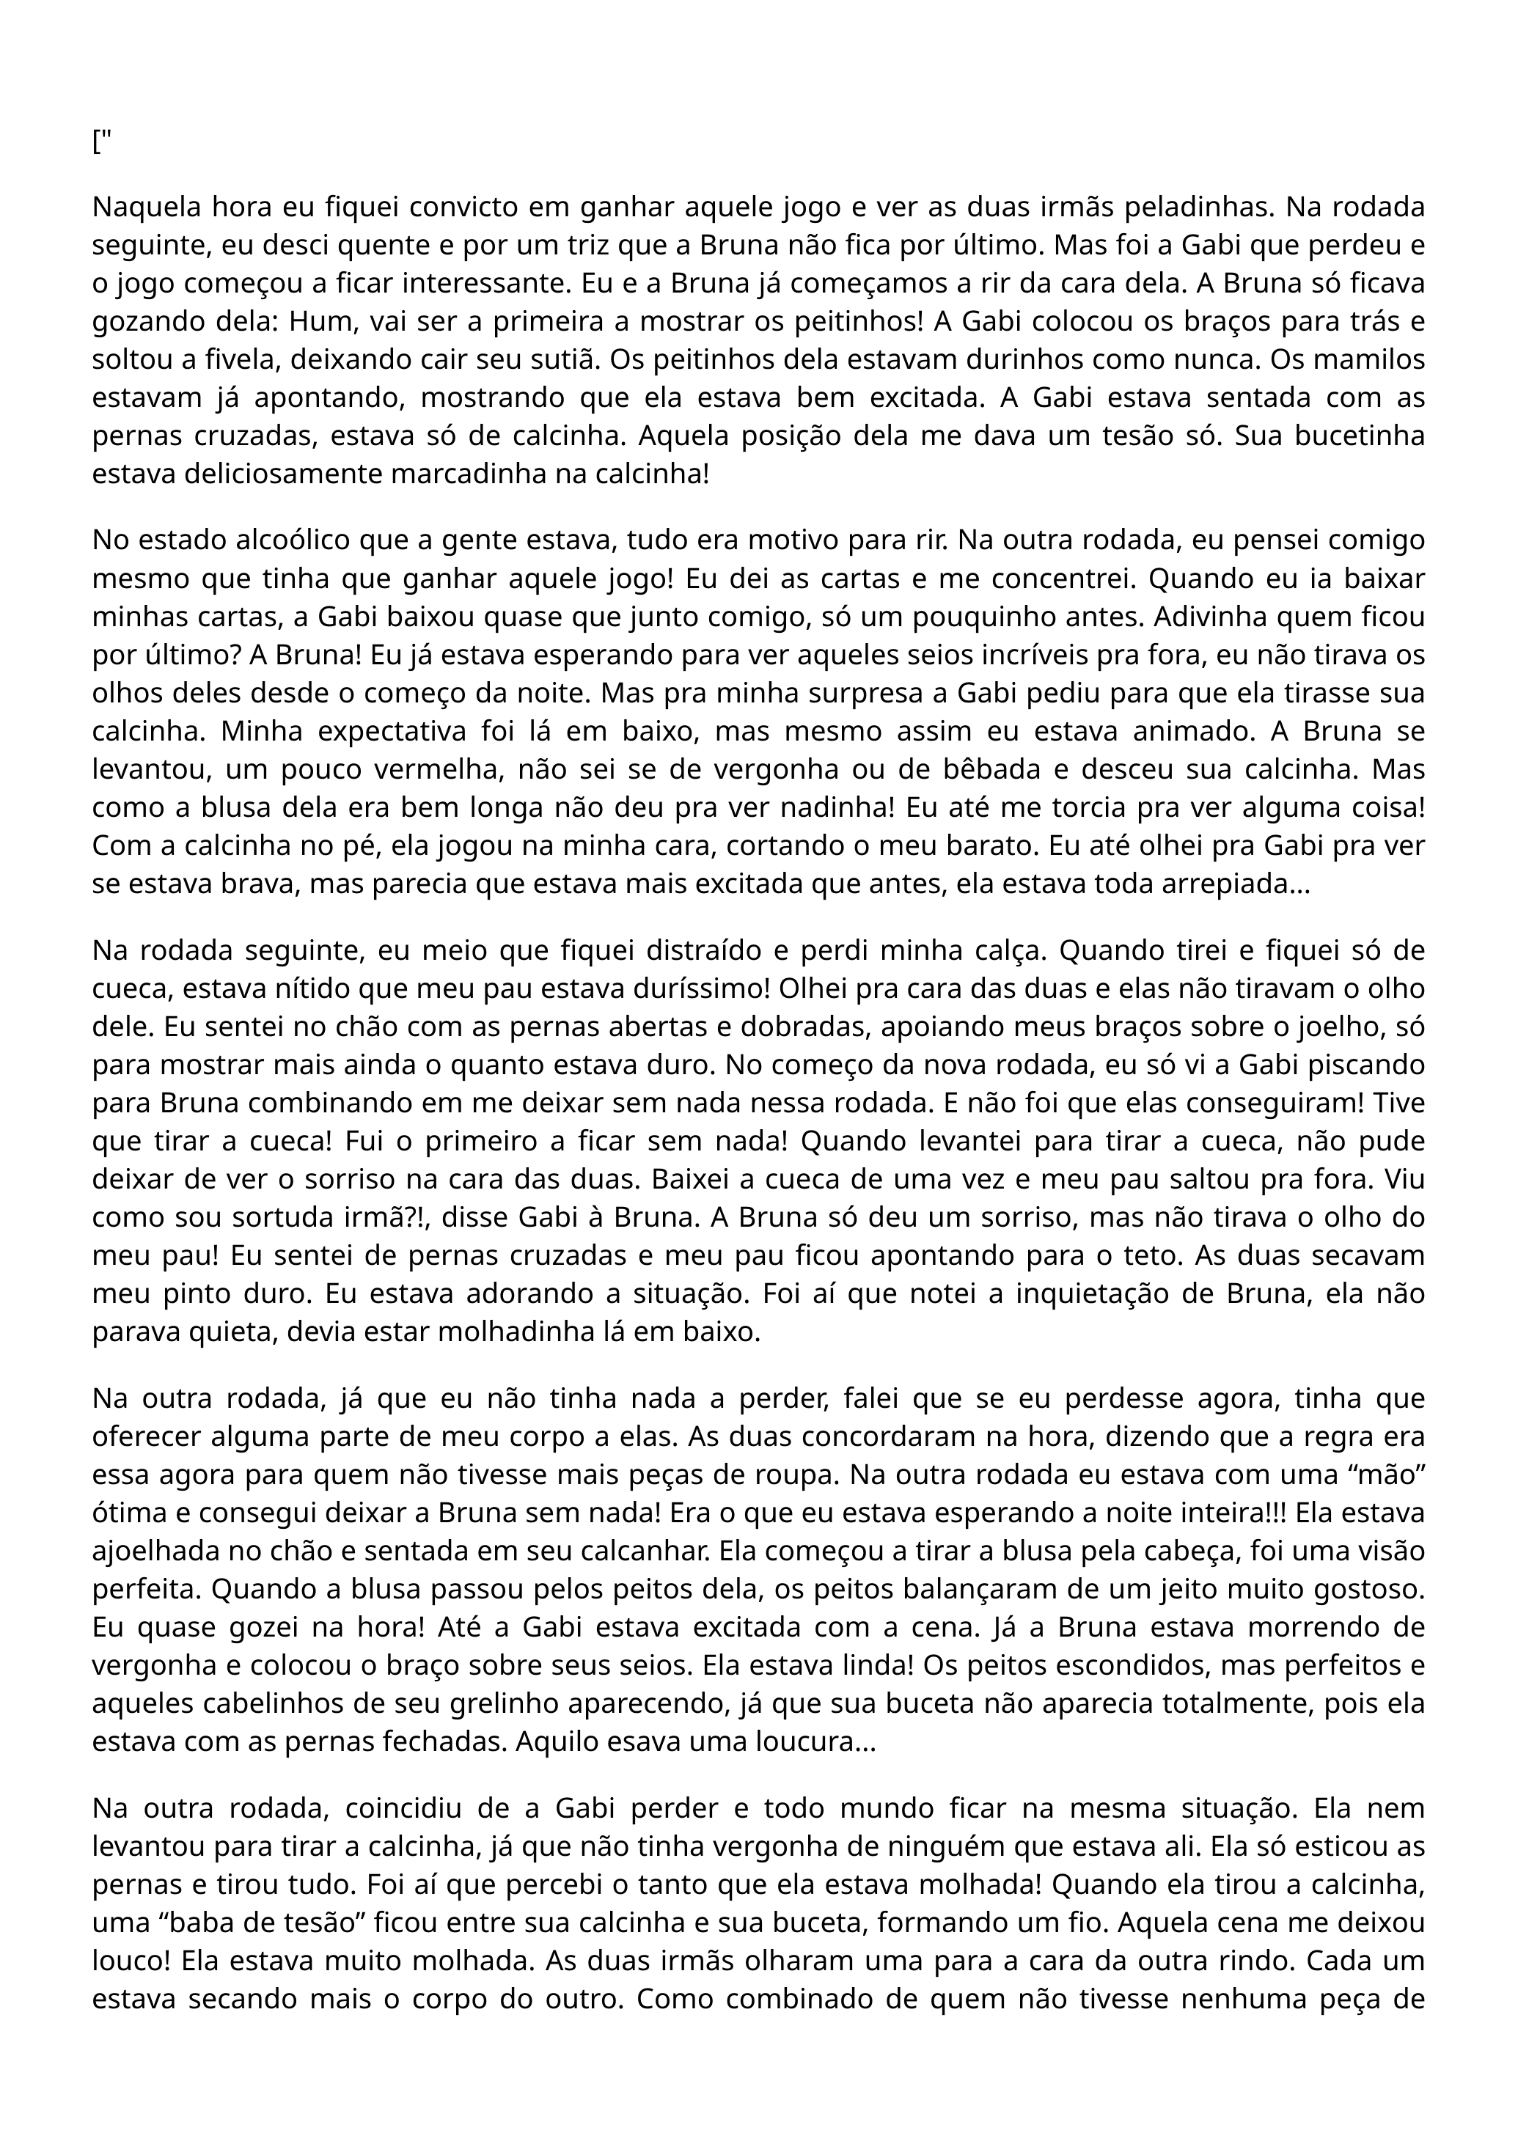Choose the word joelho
tap(1341, 1027)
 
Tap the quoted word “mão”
tap(1388, 1475)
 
